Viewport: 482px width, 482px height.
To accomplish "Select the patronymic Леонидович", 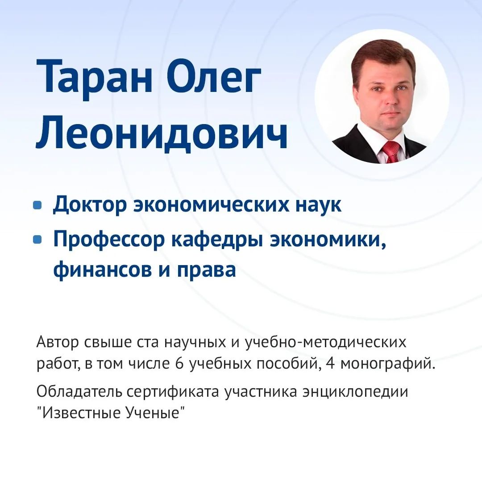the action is pyautogui.click(x=162, y=132).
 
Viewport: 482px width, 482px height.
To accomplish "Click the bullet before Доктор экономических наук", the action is pyautogui.click(x=37, y=205).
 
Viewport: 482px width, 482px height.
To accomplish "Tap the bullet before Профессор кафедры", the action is pyautogui.click(x=37, y=239).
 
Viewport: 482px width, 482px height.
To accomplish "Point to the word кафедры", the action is pyautogui.click(x=217, y=240).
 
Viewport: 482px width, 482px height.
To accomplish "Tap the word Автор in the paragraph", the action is pyautogui.click(x=58, y=342).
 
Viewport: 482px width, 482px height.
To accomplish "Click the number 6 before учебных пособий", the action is pyautogui.click(x=179, y=364).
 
